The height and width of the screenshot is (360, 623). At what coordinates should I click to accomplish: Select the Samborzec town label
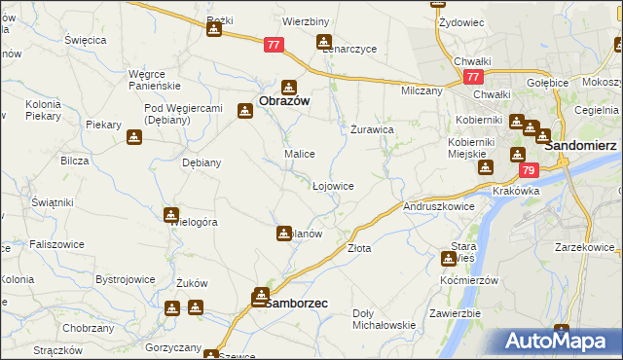[296, 303]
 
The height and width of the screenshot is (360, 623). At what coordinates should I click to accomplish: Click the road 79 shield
[528, 170]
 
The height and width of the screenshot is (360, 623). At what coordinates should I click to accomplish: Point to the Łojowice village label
[332, 185]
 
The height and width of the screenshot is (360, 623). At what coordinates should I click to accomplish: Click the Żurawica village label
[371, 128]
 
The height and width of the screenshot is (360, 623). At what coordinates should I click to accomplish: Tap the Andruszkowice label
[438, 206]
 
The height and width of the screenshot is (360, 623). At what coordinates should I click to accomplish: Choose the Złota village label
[359, 248]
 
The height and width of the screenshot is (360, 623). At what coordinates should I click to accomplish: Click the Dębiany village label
[202, 162]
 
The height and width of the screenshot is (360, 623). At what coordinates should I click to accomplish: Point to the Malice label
[298, 154]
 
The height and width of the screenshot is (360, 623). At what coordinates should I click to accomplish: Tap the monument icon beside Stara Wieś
[448, 259]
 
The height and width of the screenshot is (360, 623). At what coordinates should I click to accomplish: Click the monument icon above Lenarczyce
[323, 42]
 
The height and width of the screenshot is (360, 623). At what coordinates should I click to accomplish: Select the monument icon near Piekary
[134, 137]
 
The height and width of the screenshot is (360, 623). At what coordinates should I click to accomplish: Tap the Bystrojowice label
[126, 279]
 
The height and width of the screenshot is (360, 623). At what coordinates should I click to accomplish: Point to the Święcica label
[85, 40]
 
